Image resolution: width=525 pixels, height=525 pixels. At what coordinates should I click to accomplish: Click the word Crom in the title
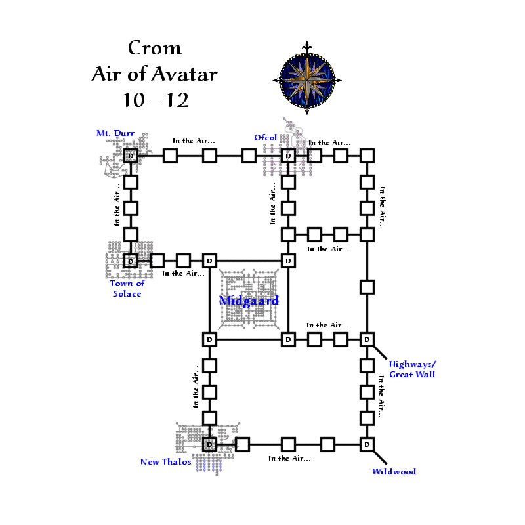click(x=155, y=48)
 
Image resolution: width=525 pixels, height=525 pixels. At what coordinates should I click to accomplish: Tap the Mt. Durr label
click(x=115, y=133)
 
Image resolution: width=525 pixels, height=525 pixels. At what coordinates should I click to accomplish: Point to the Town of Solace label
click(x=127, y=288)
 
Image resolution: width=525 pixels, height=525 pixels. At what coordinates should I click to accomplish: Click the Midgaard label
click(x=249, y=300)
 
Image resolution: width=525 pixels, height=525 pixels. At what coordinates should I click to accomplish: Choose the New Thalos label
click(x=165, y=461)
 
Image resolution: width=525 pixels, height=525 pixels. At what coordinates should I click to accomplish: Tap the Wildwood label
click(x=394, y=471)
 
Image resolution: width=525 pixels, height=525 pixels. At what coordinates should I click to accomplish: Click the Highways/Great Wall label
click(x=412, y=369)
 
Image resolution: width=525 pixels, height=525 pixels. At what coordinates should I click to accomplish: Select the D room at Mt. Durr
click(x=131, y=156)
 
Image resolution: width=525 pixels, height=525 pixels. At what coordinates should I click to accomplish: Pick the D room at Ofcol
click(x=287, y=156)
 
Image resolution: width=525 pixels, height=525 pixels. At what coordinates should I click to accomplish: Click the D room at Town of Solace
click(x=131, y=261)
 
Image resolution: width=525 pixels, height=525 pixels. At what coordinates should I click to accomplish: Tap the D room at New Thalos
click(x=209, y=444)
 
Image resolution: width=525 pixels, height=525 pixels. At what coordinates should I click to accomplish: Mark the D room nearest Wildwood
click(x=367, y=444)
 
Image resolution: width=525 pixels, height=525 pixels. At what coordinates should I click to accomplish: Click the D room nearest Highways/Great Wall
click(x=367, y=339)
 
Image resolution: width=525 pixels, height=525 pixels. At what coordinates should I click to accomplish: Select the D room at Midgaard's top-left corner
click(x=209, y=261)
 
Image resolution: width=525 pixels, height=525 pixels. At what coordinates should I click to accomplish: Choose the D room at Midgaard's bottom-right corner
click(x=287, y=339)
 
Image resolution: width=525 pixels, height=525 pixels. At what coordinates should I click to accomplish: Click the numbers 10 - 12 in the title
click(x=155, y=100)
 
